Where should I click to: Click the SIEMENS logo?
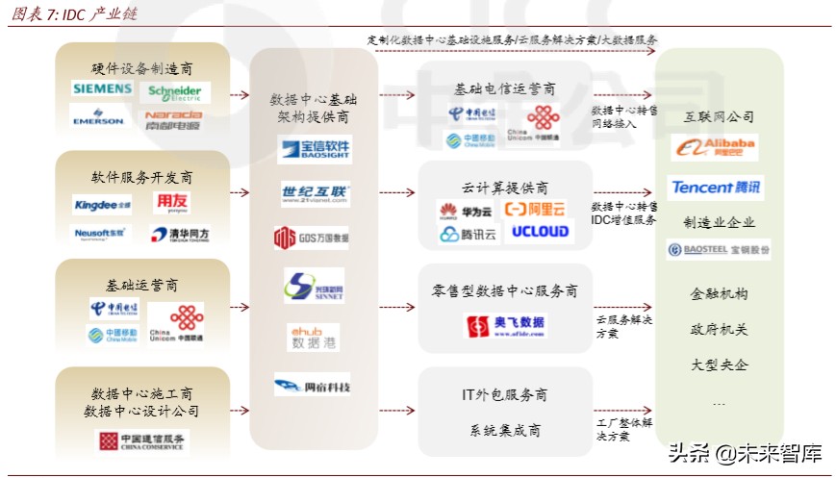coord(102,89)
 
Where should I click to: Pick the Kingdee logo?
coord(102,204)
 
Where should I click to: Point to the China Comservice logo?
coord(143,440)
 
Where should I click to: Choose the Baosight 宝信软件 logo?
coord(314,149)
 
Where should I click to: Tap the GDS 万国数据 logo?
coord(311,237)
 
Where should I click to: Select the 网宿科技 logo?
coord(312,387)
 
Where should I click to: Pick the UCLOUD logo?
coord(539,232)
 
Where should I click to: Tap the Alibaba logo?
coord(716,147)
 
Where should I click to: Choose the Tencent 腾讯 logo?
coord(716,188)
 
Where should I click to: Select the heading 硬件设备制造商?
coord(142,68)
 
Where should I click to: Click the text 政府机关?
coord(719,329)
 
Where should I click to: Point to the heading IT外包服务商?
coord(505,394)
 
